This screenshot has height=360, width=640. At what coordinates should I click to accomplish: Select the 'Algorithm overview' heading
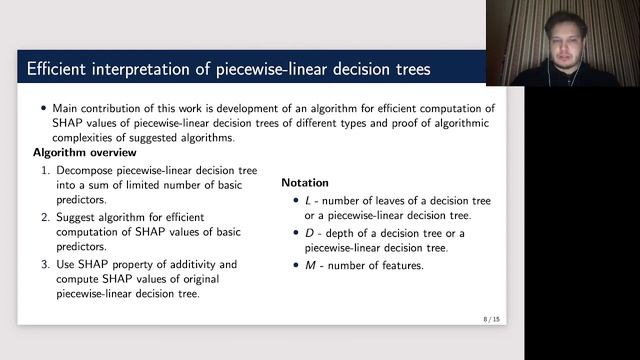click(x=82, y=153)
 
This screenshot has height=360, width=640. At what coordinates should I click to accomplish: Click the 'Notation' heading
click(x=305, y=183)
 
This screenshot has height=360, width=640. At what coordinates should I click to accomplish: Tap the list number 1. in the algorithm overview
click(x=46, y=171)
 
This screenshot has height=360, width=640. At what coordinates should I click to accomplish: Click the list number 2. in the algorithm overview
click(x=46, y=217)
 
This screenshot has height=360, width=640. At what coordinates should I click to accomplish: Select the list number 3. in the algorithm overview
click(x=46, y=263)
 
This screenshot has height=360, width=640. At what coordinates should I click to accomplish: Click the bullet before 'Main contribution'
click(x=43, y=108)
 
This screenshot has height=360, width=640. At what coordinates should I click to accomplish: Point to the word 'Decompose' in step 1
click(x=85, y=171)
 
